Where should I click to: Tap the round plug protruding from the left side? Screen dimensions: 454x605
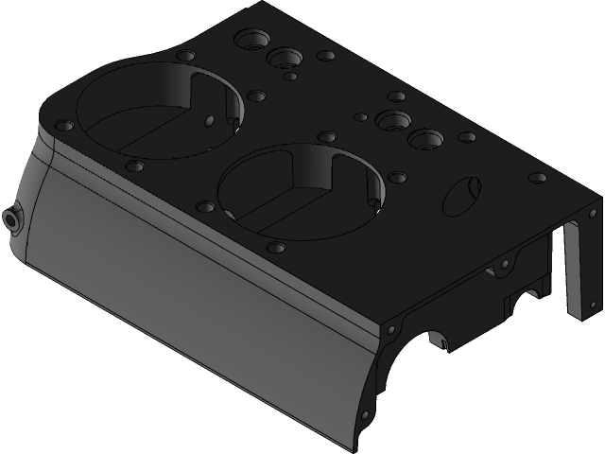point(12,218)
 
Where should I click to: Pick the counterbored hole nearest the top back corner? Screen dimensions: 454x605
point(251,41)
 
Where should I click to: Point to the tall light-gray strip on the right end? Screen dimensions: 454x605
point(573,270)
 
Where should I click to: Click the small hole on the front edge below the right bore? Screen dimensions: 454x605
point(276,247)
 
